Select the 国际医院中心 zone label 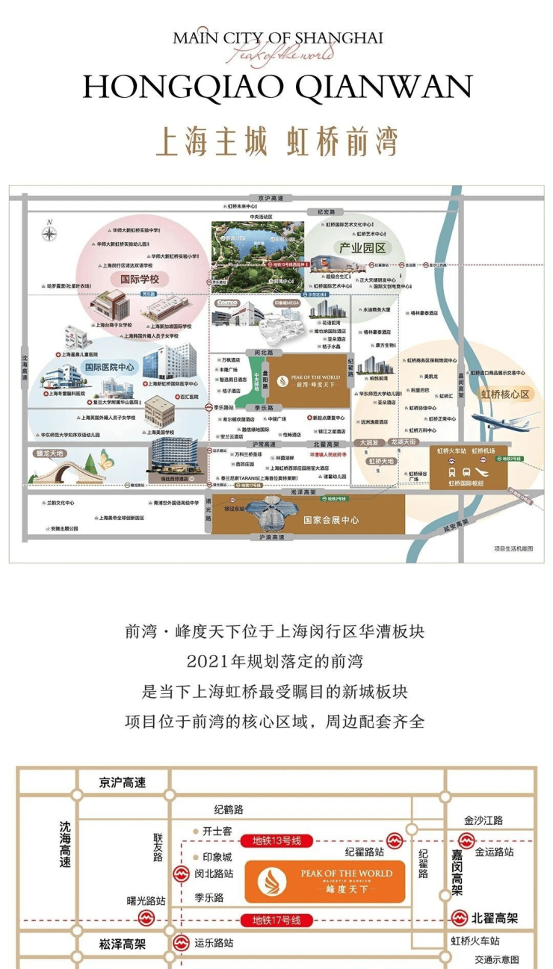[109, 367]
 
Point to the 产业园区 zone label [362, 248]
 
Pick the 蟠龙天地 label [50, 453]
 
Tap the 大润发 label [369, 442]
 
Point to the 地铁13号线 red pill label [276, 841]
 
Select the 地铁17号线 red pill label [276, 920]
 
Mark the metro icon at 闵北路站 [181, 873]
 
